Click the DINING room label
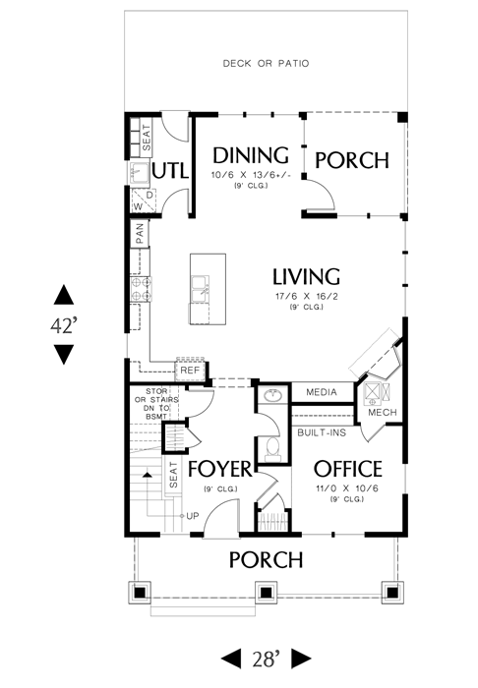coord(251,155)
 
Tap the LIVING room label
coord(307,276)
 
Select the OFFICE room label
coord(347,469)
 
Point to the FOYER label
coord(220,469)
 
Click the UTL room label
coord(170,171)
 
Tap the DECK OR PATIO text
coord(266,64)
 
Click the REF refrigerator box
coord(190,370)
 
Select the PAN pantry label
coord(140,234)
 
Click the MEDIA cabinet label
coord(322,392)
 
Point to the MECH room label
coord(383,413)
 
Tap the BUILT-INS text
coord(322,432)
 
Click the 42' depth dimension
coord(64,325)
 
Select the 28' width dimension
coord(266,659)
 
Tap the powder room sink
coord(272,396)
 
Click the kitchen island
coord(209,289)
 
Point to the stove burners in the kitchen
coord(141,289)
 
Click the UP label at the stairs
coord(192,516)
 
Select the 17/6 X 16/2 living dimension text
coord(307,296)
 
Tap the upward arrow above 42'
coord(64,295)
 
